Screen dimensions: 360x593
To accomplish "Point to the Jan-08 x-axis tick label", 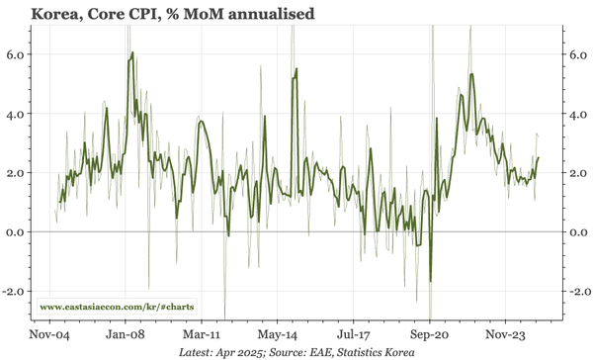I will click(x=127, y=335).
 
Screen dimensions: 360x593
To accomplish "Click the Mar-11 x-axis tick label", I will click(x=203, y=335).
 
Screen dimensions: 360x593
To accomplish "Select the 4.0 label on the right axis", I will click(x=576, y=114).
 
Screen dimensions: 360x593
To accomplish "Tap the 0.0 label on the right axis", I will click(x=576, y=232).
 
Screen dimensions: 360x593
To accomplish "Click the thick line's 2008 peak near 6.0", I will click(x=131, y=53).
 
